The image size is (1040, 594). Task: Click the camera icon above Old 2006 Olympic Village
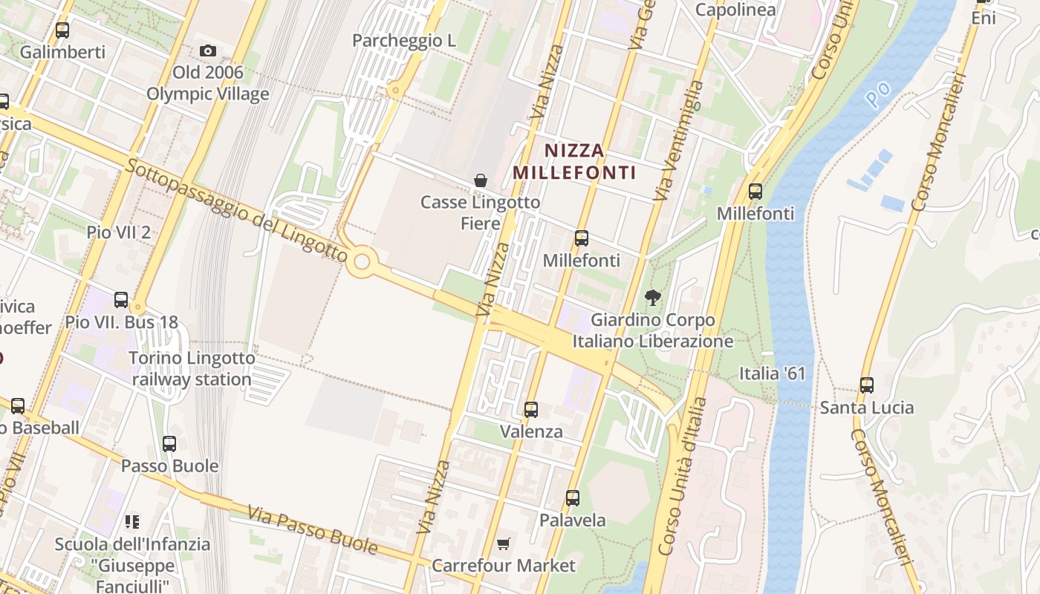click(x=208, y=51)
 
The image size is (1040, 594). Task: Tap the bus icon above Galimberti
click(x=62, y=30)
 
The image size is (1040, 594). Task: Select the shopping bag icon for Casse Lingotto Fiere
click(x=481, y=180)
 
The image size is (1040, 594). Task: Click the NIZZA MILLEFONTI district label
click(x=575, y=161)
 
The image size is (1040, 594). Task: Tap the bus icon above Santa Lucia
click(x=867, y=385)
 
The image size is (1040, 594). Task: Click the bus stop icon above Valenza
click(x=531, y=409)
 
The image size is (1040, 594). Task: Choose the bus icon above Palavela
click(x=573, y=498)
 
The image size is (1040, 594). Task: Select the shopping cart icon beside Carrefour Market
click(x=504, y=544)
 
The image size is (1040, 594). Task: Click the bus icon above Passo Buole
click(x=169, y=444)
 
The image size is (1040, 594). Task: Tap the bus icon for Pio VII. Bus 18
click(x=121, y=300)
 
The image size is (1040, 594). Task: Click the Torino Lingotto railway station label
click(x=192, y=369)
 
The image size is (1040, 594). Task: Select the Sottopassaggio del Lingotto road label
click(x=236, y=211)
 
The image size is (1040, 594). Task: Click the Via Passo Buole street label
click(x=313, y=530)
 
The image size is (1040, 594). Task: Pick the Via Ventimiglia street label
click(x=677, y=141)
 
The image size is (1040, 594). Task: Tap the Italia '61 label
click(x=773, y=373)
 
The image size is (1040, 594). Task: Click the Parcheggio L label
click(x=404, y=40)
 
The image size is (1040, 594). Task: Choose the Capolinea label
click(x=735, y=10)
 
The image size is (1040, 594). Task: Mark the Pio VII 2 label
click(x=118, y=232)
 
